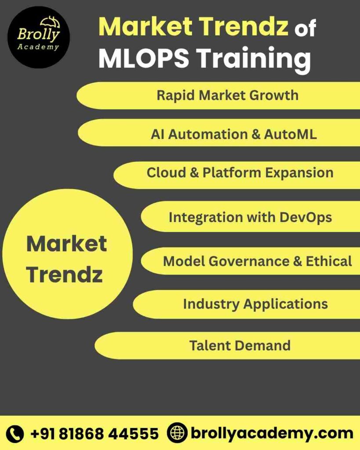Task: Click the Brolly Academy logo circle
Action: (x=38, y=37)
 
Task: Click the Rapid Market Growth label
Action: (x=227, y=95)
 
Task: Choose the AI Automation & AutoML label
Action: (x=233, y=134)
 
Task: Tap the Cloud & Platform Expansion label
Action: (x=240, y=173)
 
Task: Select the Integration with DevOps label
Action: (x=250, y=217)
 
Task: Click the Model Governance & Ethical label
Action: (x=257, y=261)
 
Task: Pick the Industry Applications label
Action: (x=255, y=304)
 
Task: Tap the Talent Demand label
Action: (x=240, y=345)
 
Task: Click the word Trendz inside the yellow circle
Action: (x=64, y=274)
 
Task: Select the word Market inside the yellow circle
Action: (x=66, y=243)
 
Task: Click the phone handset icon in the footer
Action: (x=15, y=433)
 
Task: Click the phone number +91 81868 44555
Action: (x=94, y=434)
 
